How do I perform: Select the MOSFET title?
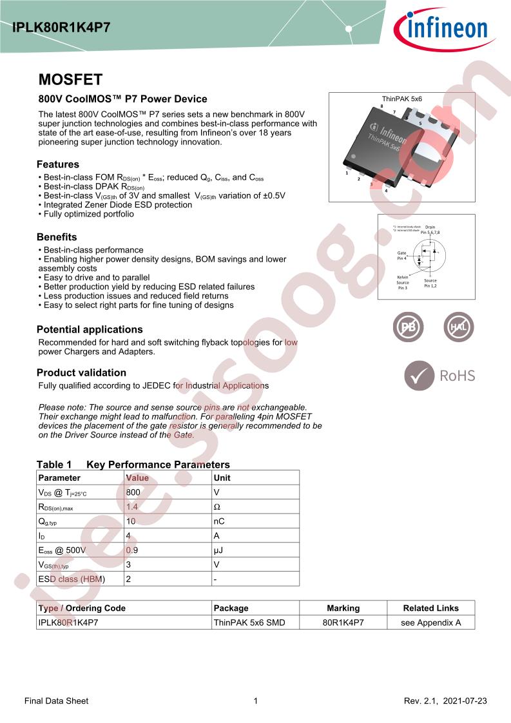pos(70,80)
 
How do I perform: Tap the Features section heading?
pos(58,164)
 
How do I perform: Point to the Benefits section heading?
pos(57,237)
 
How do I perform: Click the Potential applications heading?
pos(90,329)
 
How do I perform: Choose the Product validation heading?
pos(81,372)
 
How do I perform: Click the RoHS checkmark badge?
pos(419,376)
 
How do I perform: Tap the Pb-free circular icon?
pos(408,328)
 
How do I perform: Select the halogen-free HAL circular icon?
pos(458,328)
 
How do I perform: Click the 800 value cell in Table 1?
pos(133,492)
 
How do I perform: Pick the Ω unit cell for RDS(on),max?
pos(217,507)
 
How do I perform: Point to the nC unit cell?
pos(219,521)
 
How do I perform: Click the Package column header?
pos(231,608)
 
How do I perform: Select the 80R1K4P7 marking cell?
pos(343,622)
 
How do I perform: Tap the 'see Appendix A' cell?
pos(430,622)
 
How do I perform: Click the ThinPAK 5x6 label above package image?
pos(401,99)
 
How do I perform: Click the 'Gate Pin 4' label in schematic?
pos(401,256)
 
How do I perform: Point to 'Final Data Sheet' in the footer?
pos(56,700)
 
